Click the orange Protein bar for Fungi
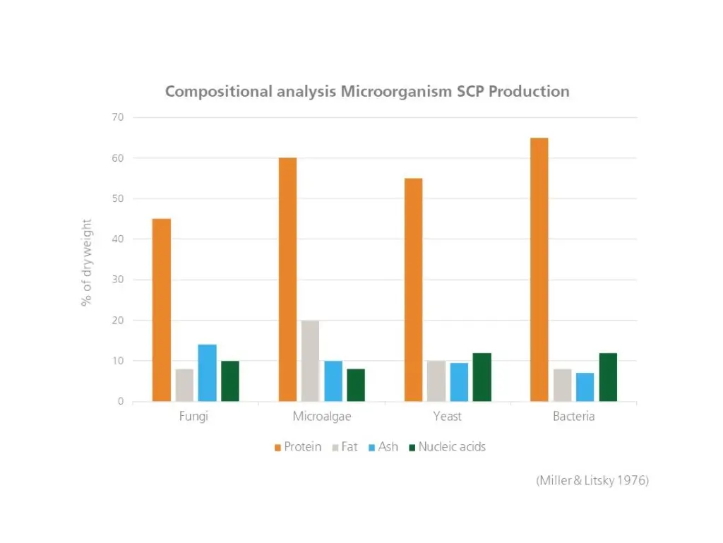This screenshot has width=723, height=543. coord(161,310)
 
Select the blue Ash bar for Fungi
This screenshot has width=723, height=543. coord(207,373)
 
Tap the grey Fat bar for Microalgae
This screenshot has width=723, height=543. coord(310,361)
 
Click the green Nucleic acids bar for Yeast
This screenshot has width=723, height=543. coord(482,377)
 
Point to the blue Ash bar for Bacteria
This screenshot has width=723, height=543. coord(585,387)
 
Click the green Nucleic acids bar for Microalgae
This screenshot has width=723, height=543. coord(356,385)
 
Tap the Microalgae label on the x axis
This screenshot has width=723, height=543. coord(322,417)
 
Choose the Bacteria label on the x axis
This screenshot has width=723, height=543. coord(573,417)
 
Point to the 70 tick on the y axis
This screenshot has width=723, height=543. coord(116,117)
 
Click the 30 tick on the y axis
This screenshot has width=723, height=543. coord(116,280)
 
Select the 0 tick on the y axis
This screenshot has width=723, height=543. coord(120,402)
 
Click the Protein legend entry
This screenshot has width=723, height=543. coord(297,447)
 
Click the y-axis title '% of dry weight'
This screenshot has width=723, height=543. coord(86,262)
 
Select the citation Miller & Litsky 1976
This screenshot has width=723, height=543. coord(592,481)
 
